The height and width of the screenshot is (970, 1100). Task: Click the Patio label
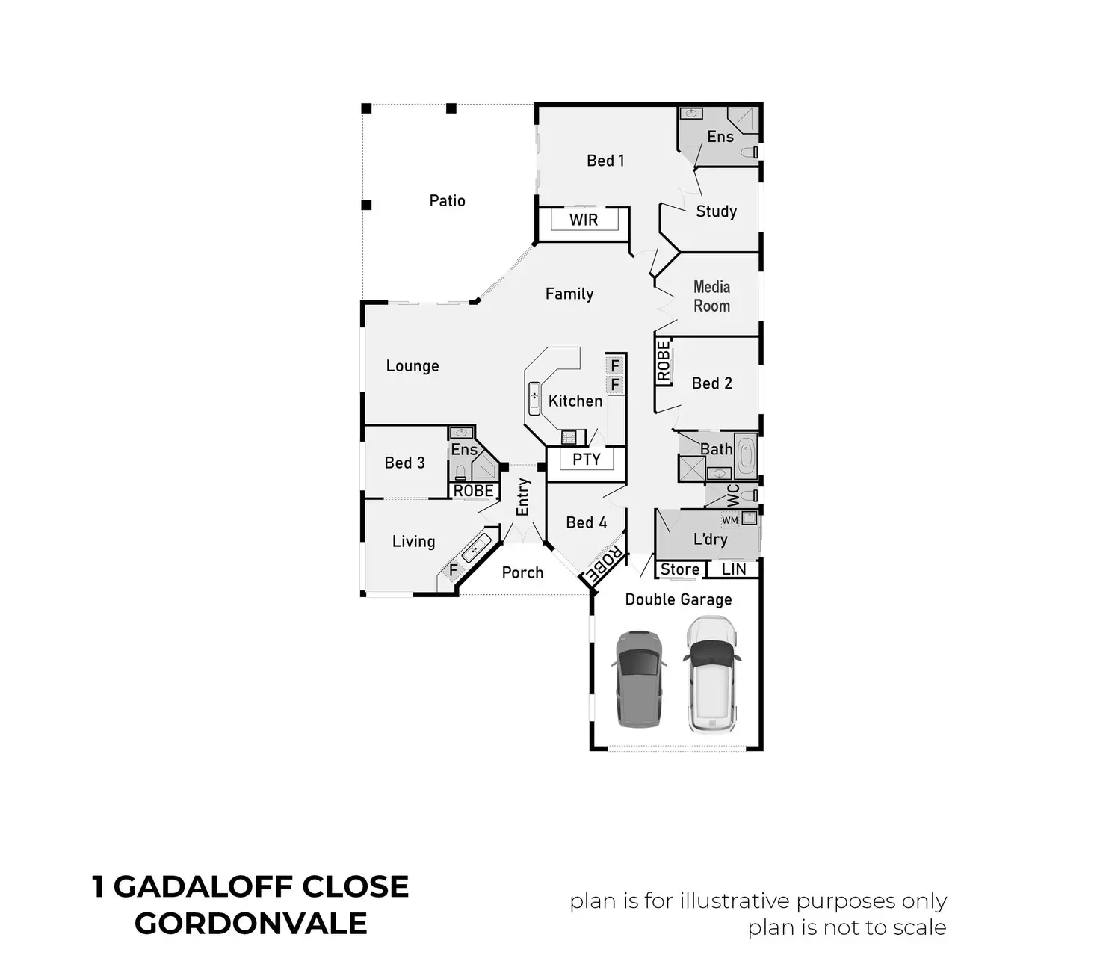tap(447, 201)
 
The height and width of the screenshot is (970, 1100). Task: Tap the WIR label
tap(583, 220)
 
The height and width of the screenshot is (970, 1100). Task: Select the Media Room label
tap(711, 296)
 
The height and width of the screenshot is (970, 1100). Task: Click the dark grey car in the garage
tap(638, 679)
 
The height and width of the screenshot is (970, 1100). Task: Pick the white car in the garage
tap(711, 674)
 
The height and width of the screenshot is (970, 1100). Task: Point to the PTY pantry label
tap(587, 460)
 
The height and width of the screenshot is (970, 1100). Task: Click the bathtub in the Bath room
tap(746, 455)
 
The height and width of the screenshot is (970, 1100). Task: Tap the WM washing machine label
tap(729, 520)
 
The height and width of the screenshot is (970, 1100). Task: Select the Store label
tap(680, 569)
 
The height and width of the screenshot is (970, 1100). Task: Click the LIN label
tap(734, 569)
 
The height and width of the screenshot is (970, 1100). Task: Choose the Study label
tap(716, 211)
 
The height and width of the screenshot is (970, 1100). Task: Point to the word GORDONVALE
tap(251, 923)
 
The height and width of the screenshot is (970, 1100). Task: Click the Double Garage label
tap(678, 599)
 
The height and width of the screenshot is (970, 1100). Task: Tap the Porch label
tap(522, 572)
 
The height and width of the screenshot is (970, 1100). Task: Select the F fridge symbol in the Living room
tap(453, 570)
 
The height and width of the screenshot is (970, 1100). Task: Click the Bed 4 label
tap(587, 522)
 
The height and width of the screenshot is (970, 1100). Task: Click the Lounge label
tap(412, 366)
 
